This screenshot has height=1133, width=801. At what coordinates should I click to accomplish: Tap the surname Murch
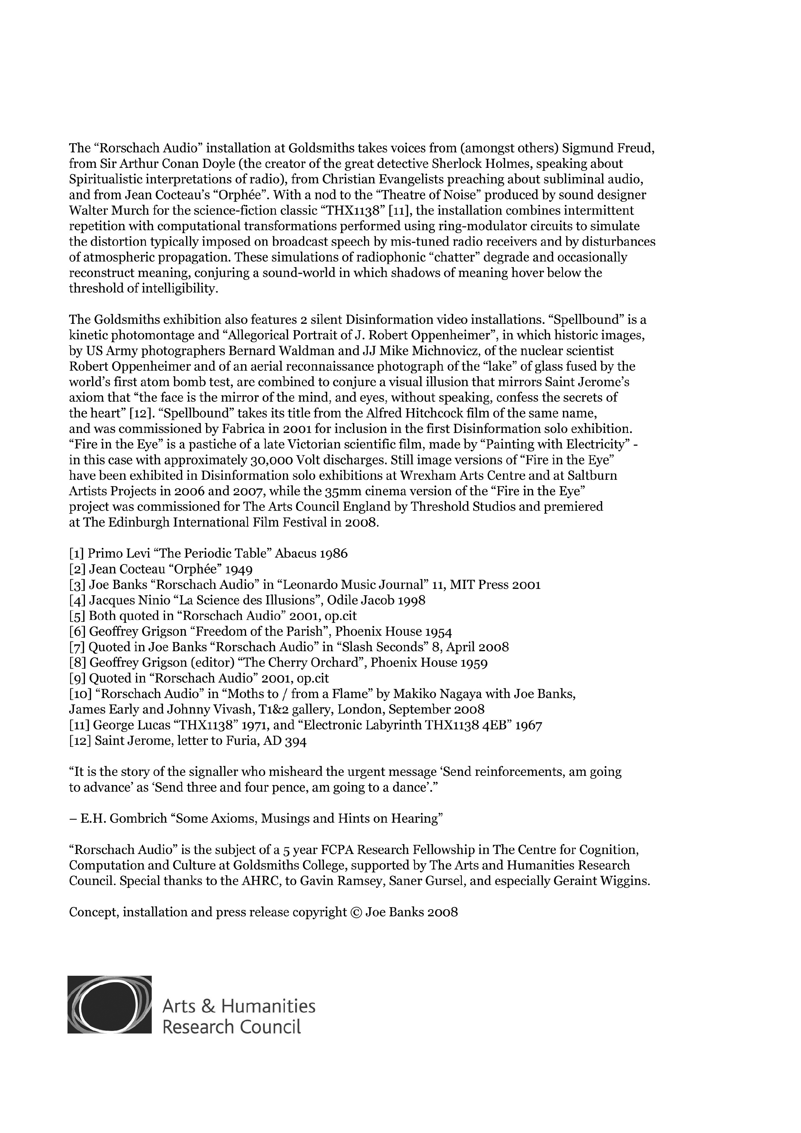click(120, 211)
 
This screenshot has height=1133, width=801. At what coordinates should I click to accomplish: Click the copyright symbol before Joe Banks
click(356, 912)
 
